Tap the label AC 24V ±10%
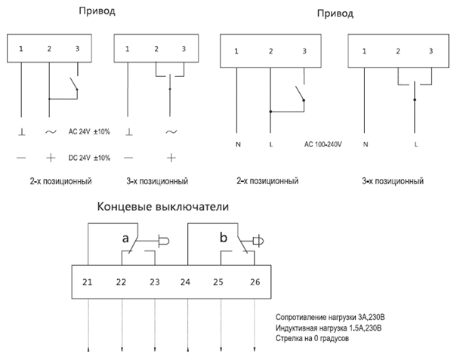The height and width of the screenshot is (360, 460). click(89, 131)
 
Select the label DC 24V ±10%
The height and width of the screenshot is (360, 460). click(89, 158)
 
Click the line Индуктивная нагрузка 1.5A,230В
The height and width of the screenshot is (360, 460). click(330, 328)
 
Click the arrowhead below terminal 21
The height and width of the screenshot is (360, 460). click(88, 349)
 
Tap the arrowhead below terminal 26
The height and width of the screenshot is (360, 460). click(255, 349)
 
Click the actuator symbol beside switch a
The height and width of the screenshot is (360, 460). click(161, 242)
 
